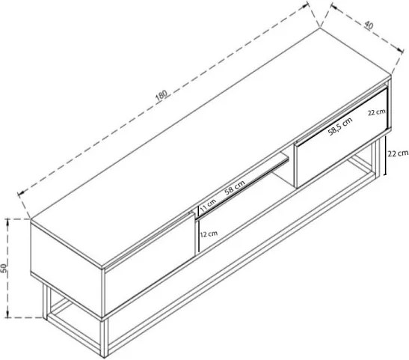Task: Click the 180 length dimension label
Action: [x=162, y=95]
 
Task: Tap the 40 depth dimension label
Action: [x=369, y=25]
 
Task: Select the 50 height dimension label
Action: [x=4, y=268]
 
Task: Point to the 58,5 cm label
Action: [x=340, y=126]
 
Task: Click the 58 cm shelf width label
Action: [x=235, y=187]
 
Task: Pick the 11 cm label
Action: [x=208, y=204]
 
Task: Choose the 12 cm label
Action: [x=209, y=234]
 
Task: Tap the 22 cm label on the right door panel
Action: [x=377, y=112]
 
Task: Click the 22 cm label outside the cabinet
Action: [x=398, y=153]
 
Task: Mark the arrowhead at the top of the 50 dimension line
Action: [x=7, y=222]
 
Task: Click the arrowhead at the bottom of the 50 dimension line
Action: [x=7, y=314]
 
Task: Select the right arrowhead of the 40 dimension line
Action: [x=400, y=49]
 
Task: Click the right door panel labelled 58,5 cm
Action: [x=341, y=138]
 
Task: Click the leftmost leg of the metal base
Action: [x=45, y=302]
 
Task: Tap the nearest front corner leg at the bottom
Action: [x=105, y=338]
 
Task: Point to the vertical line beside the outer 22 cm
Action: [x=386, y=157]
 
